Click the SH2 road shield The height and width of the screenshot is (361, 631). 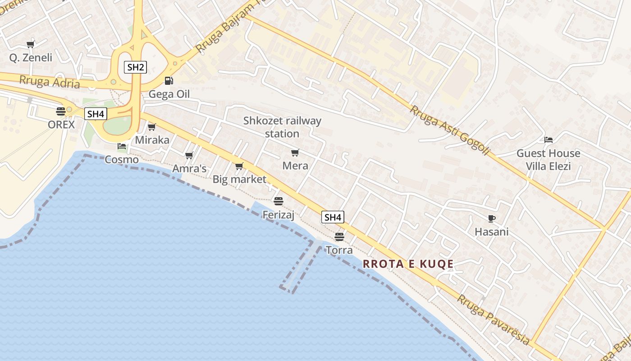tap(135, 68)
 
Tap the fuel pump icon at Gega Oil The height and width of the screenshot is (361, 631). tap(169, 81)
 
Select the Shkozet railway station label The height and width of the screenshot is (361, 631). tap(282, 127)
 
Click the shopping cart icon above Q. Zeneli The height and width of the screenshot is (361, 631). tap(31, 44)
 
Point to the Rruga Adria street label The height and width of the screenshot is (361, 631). tap(50, 82)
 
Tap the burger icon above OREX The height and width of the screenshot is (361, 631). tap(61, 111)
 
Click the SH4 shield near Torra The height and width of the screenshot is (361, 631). tap(333, 217)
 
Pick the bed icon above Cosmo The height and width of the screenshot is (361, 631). tap(121, 146)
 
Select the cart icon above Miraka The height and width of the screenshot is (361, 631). tap(152, 127)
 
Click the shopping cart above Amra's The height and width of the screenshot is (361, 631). tap(189, 156)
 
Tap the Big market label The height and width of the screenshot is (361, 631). tap(239, 179)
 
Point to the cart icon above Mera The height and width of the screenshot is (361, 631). tap(295, 153)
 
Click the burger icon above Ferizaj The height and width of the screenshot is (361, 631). tap(279, 201)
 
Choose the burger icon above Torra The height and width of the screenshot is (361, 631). tap(339, 236)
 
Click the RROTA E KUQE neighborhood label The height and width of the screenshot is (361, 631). tap(408, 264)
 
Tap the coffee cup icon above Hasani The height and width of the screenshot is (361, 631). tap(492, 219)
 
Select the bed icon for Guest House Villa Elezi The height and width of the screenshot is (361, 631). tap(549, 140)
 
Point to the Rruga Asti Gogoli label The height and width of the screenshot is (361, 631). tap(449, 131)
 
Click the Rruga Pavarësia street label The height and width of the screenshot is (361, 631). tap(494, 319)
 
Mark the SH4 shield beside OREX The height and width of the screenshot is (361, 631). tap(96, 114)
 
